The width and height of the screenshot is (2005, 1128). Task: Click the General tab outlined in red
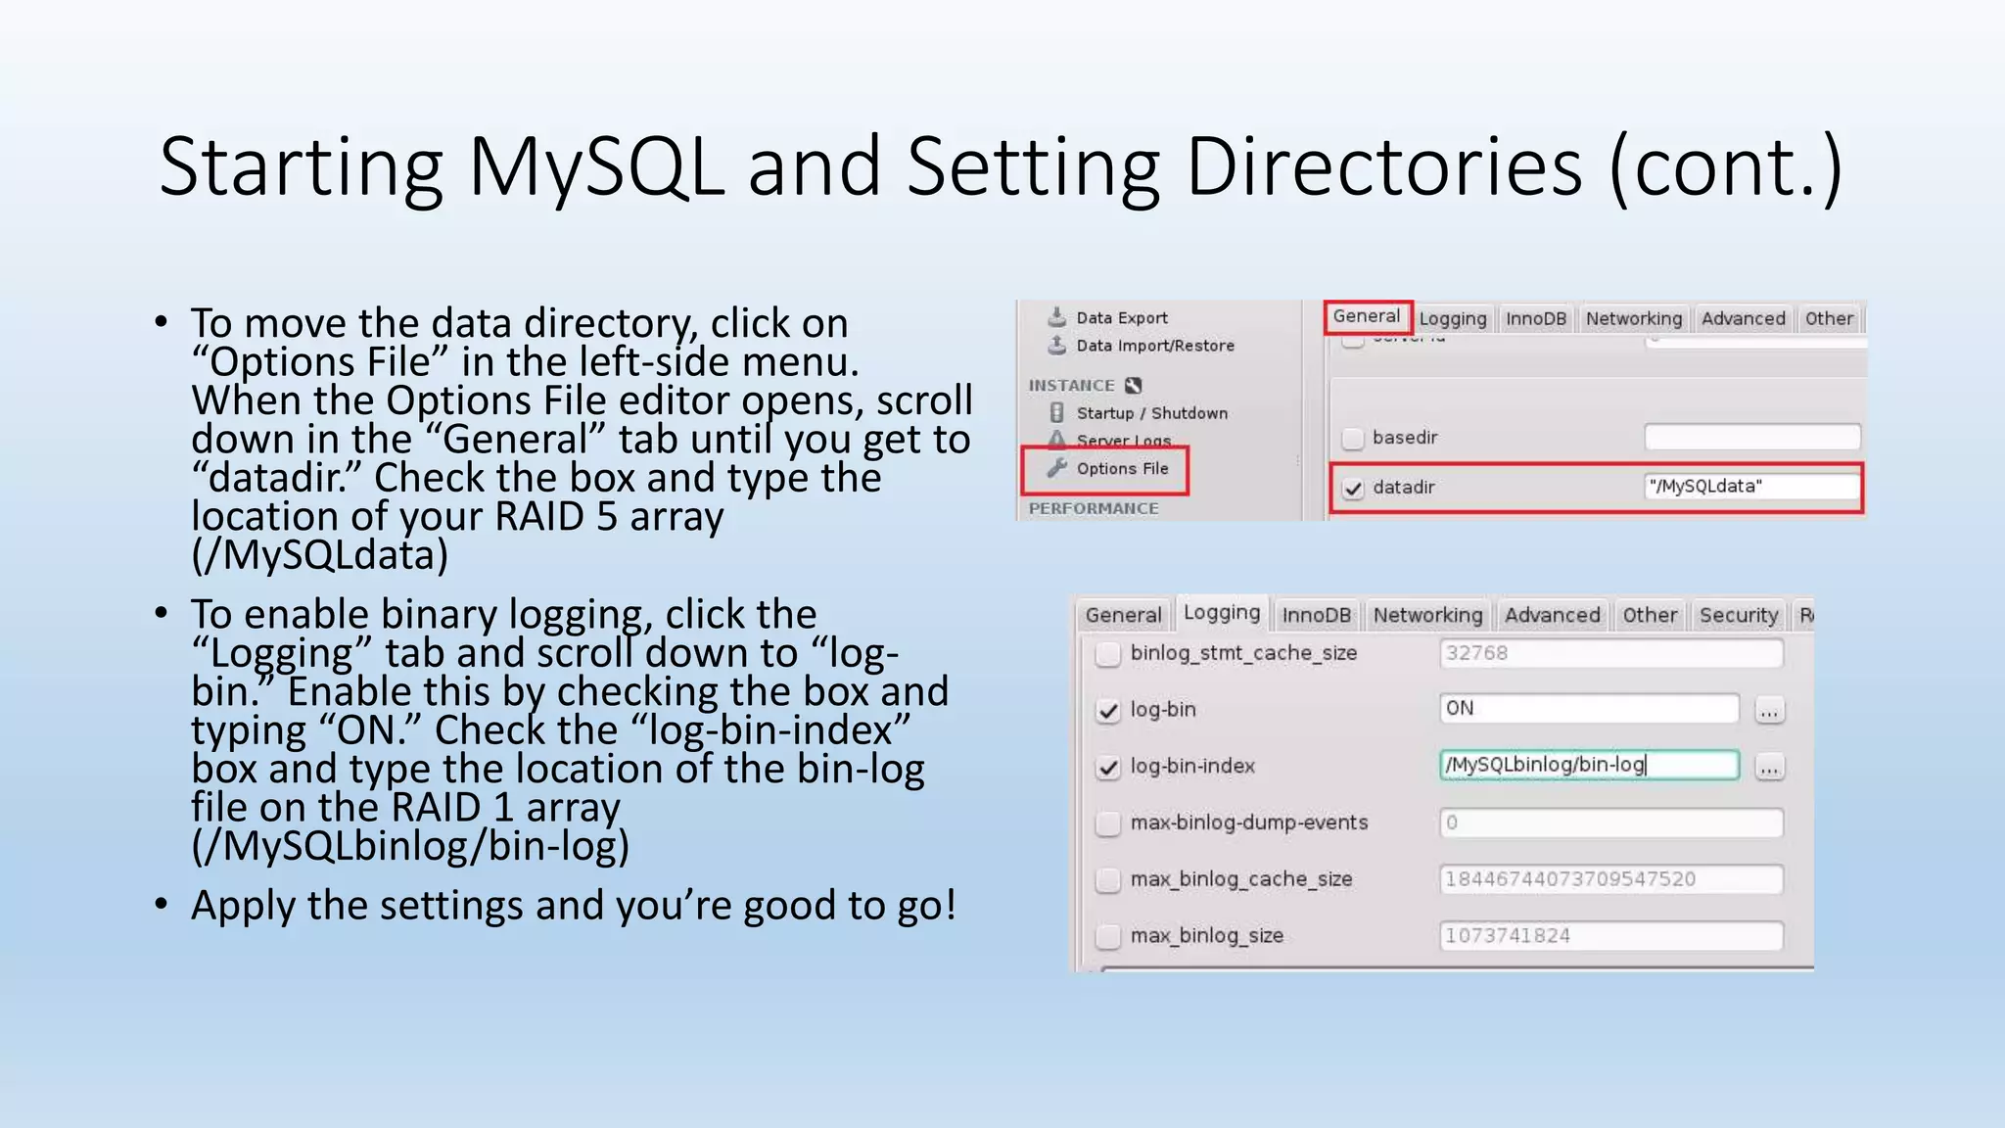[x=1367, y=316]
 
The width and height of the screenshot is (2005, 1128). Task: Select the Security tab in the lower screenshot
[x=1738, y=615]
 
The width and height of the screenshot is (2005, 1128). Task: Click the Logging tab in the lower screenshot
[x=1221, y=613]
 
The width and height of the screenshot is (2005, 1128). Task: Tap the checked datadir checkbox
[x=1353, y=488]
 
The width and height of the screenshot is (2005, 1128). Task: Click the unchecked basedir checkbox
[x=1353, y=438]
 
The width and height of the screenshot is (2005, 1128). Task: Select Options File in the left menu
[x=1122, y=469]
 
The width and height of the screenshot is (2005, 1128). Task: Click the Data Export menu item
[x=1121, y=318]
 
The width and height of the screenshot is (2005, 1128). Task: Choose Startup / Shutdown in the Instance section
[x=1151, y=413]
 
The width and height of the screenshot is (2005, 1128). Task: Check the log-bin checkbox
[x=1108, y=711]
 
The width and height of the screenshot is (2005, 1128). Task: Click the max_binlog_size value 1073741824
[x=1609, y=936]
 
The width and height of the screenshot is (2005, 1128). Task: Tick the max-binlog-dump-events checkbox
[x=1108, y=823]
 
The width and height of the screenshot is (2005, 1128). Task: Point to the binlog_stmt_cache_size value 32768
[x=1609, y=653]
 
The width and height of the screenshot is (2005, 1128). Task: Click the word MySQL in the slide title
[x=596, y=166]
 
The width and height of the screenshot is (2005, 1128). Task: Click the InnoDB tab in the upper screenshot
[x=1535, y=319]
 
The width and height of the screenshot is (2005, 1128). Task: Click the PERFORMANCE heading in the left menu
[x=1093, y=508]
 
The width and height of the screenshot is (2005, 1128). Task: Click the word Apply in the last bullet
[x=244, y=906]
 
